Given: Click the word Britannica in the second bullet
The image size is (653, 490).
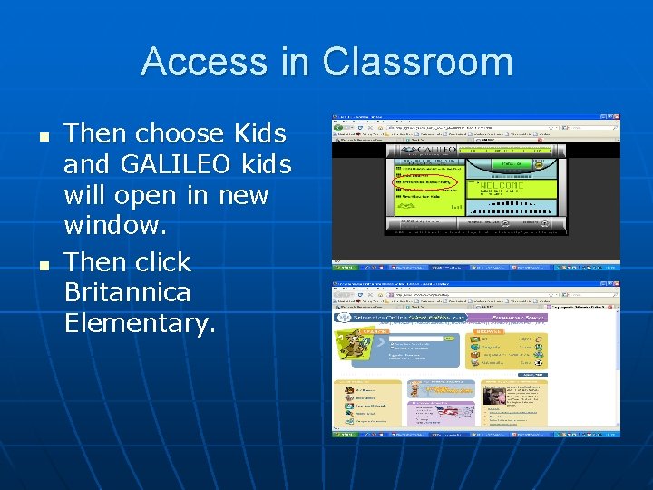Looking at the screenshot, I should (x=128, y=292).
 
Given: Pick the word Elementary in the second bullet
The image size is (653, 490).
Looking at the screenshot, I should (x=140, y=323).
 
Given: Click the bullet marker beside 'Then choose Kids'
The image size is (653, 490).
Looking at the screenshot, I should (x=43, y=136).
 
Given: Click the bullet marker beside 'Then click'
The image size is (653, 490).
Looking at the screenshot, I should (x=43, y=264).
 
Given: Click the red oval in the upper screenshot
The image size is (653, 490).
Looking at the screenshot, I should (x=424, y=182).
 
